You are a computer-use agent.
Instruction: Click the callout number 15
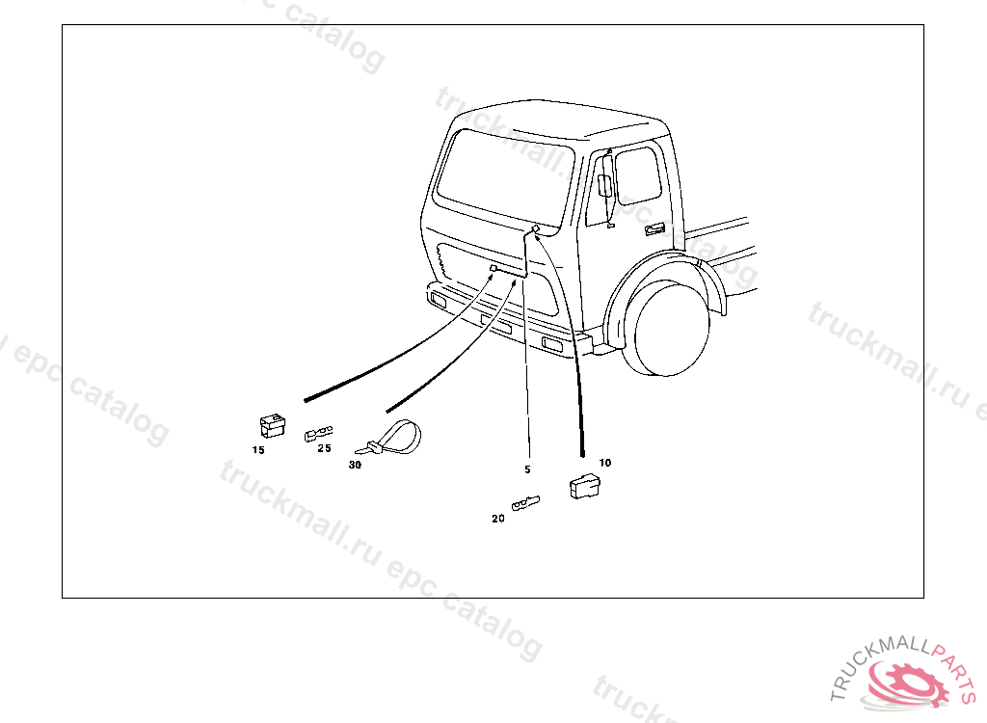258,450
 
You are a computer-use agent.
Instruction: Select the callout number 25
324,448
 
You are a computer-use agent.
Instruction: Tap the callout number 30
355,465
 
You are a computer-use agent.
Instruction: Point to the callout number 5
527,469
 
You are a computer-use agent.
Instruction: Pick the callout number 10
605,463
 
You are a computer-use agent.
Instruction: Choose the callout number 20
498,519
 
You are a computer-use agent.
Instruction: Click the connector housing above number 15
273,426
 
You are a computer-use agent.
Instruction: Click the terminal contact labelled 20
525,503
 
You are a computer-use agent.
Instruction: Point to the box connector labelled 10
585,486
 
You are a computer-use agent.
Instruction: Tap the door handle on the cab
654,229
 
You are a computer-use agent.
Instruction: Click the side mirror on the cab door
605,185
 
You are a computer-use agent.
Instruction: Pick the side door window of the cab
638,175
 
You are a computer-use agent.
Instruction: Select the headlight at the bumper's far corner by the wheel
552,344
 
